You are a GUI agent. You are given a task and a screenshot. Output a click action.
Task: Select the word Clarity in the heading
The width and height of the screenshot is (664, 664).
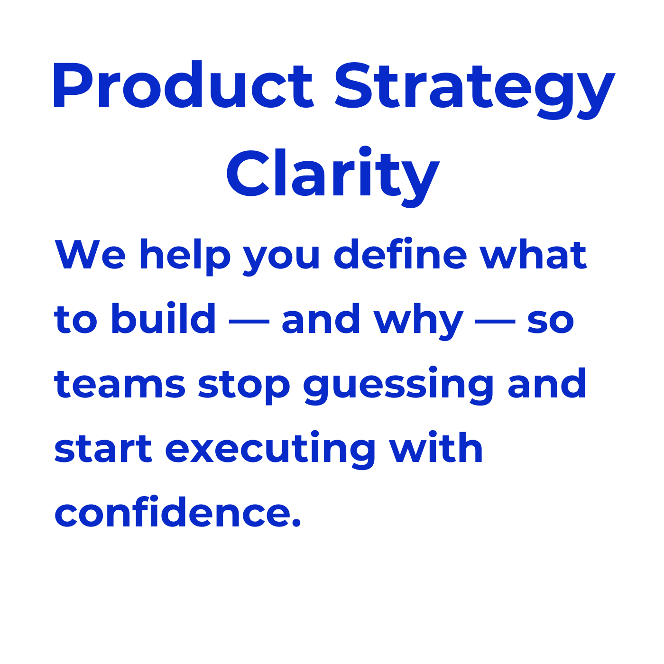point(333,177)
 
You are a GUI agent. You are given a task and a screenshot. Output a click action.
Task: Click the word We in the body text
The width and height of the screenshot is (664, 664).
point(90,254)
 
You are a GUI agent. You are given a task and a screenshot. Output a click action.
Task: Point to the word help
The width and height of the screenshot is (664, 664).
point(185,257)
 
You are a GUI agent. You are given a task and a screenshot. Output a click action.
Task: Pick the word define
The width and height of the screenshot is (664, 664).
point(400,253)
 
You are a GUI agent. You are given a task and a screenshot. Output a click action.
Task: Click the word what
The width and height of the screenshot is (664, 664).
point(534,254)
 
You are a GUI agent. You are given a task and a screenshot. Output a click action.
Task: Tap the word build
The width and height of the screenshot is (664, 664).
point(164,318)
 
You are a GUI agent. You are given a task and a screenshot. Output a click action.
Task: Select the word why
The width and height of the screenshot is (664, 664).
point(419,322)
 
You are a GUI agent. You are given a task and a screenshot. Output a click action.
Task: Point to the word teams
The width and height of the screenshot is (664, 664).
point(120,384)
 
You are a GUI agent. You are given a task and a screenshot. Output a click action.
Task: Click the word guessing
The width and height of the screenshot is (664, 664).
point(398,386)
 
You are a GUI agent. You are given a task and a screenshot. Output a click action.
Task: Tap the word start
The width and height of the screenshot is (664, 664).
point(103,448)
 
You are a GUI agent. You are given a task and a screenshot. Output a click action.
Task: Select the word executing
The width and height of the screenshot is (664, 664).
point(270,450)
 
